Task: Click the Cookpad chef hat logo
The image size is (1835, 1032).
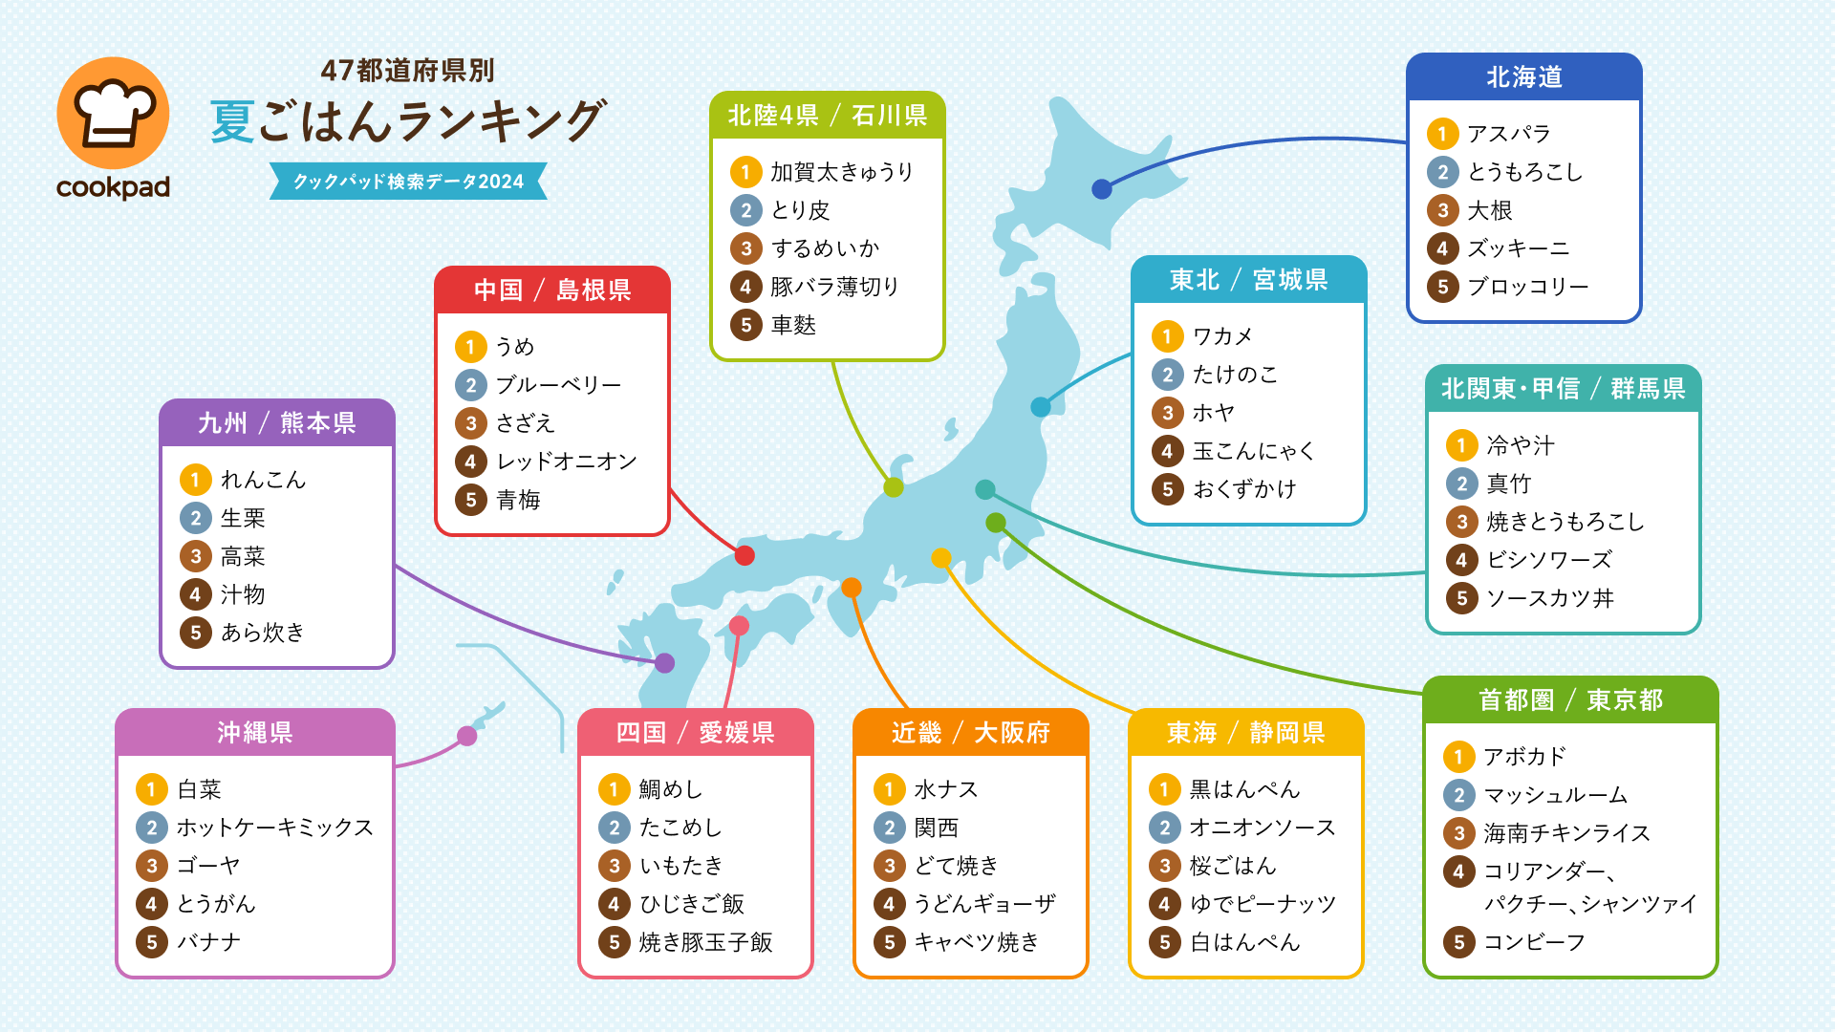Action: (x=113, y=114)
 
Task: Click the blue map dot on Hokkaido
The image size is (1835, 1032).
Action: (x=1102, y=189)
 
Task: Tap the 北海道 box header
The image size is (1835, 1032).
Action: (x=1523, y=77)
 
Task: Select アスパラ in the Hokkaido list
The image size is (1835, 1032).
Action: (x=1508, y=134)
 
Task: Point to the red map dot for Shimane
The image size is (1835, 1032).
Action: (x=745, y=555)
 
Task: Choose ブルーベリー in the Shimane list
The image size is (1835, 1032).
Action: (x=558, y=385)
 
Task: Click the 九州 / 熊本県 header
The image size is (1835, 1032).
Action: (x=276, y=423)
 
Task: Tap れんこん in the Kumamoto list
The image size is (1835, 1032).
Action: (x=263, y=480)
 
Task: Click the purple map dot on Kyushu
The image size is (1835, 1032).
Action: (x=664, y=662)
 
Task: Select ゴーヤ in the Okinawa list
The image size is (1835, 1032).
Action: (x=208, y=866)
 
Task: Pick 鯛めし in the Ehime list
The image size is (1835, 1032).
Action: (x=671, y=789)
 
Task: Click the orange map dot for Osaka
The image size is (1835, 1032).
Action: (x=851, y=588)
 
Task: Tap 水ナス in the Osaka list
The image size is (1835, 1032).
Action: (x=946, y=789)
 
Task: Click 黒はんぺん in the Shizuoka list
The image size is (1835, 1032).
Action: (x=1244, y=789)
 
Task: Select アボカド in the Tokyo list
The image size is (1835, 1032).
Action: (x=1524, y=757)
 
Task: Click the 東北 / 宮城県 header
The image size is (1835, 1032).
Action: (x=1248, y=280)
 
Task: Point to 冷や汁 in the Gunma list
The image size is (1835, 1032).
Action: (x=1521, y=445)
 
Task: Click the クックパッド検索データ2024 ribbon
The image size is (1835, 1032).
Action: (x=408, y=182)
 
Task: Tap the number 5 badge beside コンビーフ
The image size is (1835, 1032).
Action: (x=1458, y=942)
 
